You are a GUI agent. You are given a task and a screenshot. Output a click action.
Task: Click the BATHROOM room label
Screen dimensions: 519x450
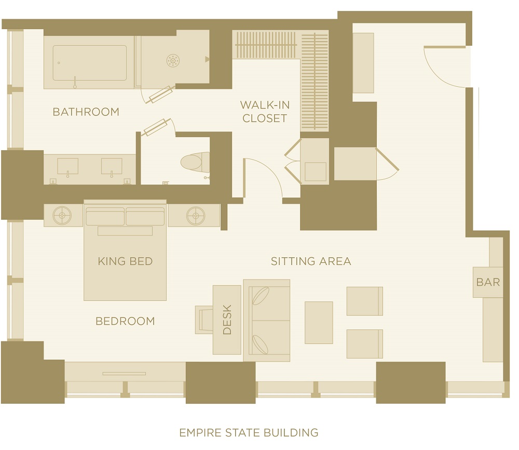pyautogui.click(x=86, y=112)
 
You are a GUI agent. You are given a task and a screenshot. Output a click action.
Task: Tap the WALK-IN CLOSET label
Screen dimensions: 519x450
pyautogui.click(x=265, y=112)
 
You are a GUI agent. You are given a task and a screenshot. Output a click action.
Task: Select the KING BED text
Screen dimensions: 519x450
pyautogui.click(x=125, y=261)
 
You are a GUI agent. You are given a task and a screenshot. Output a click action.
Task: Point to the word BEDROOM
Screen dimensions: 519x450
pyautogui.click(x=125, y=321)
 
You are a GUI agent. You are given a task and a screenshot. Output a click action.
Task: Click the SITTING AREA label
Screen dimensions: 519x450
pyautogui.click(x=311, y=261)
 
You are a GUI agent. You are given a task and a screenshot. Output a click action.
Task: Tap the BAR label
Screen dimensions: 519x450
pyautogui.click(x=488, y=282)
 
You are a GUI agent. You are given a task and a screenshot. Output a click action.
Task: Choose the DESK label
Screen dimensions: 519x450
pyautogui.click(x=227, y=320)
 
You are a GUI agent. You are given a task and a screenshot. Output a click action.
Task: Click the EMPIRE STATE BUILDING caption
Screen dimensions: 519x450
pyautogui.click(x=249, y=433)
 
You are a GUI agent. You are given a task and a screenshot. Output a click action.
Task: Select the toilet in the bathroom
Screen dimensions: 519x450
pyautogui.click(x=195, y=162)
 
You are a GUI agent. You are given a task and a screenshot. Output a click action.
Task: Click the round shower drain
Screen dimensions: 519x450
pyautogui.click(x=173, y=61)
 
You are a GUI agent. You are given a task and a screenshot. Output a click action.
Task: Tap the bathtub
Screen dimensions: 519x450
pyautogui.click(x=89, y=63)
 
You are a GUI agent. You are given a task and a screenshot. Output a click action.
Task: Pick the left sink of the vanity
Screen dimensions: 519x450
pyautogui.click(x=68, y=166)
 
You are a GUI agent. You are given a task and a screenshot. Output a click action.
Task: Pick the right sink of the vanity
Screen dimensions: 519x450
pyautogui.click(x=112, y=166)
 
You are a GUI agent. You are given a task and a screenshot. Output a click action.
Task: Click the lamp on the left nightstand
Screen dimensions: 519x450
pyautogui.click(x=62, y=216)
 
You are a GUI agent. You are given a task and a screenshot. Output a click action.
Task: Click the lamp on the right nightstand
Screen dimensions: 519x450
pyautogui.click(x=196, y=216)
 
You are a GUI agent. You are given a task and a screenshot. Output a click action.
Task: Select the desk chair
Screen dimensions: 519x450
pyautogui.click(x=204, y=320)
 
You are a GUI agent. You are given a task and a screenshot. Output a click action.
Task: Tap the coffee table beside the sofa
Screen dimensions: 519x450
pyautogui.click(x=319, y=322)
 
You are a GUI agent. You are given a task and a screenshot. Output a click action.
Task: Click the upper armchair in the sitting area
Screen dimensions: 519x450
pyautogui.click(x=365, y=301)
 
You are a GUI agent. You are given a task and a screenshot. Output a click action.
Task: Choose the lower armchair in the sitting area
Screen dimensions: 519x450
pyautogui.click(x=365, y=344)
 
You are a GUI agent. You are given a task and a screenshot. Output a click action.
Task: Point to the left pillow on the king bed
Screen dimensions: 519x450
pyautogui.click(x=105, y=216)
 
